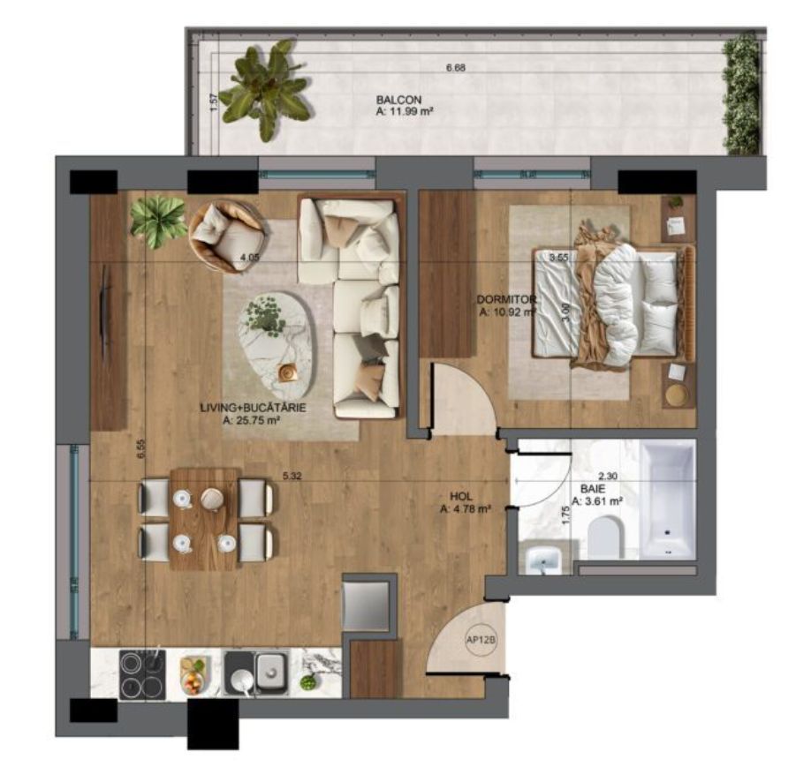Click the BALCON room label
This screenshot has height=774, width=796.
398,99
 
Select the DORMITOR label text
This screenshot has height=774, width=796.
506,299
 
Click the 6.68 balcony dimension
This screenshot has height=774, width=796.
455,68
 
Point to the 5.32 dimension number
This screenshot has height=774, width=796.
292,476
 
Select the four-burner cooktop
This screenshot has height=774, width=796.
140,674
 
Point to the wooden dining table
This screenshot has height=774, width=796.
205,519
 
